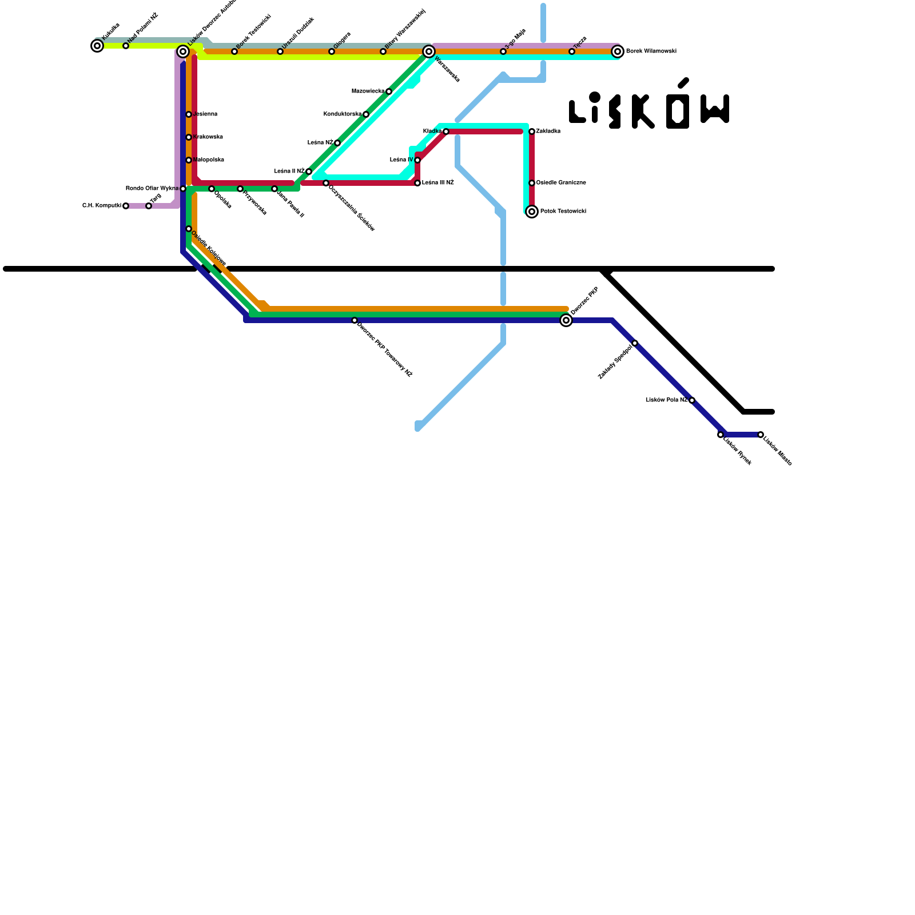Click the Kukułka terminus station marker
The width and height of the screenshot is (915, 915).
pyautogui.click(x=97, y=46)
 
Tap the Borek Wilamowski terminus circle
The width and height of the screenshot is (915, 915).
pyautogui.click(x=618, y=51)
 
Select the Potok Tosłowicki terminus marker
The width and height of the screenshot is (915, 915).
pyautogui.click(x=532, y=212)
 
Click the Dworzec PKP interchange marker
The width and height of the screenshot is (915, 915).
pyautogui.click(x=566, y=320)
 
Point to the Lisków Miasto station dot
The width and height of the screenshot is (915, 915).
pyautogui.click(x=761, y=435)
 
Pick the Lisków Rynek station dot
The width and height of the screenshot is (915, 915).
pyautogui.click(x=721, y=435)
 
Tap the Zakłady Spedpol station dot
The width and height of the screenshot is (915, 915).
pyautogui.click(x=635, y=343)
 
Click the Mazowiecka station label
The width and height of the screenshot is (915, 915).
pyautogui.click(x=368, y=91)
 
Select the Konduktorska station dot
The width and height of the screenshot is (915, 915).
pyautogui.click(x=366, y=114)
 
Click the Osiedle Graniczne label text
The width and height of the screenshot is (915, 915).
pyautogui.click(x=561, y=183)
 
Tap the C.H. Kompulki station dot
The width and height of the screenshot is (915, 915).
pyautogui.click(x=126, y=206)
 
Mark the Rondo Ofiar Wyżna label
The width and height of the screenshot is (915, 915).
pyautogui.click(x=152, y=189)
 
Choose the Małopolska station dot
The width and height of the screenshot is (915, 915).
pyautogui.click(x=189, y=160)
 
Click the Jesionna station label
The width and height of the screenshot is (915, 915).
pyautogui.click(x=206, y=114)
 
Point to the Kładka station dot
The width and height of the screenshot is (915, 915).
pyautogui.click(x=446, y=132)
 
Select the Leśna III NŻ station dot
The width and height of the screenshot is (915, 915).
pyautogui.click(x=417, y=183)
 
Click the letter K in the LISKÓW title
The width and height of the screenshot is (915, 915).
pyautogui.click(x=642, y=112)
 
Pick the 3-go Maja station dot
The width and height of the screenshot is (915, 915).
pyautogui.click(x=503, y=51)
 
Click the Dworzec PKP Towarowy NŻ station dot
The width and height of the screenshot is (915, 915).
pyautogui.click(x=355, y=320)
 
